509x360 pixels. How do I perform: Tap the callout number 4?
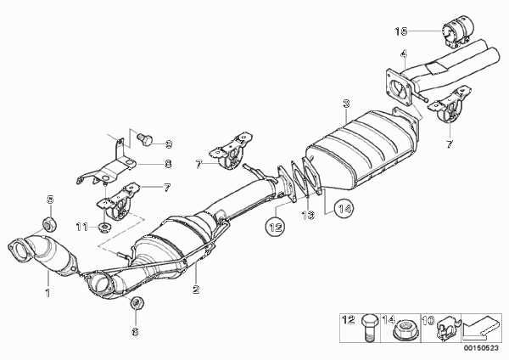405,55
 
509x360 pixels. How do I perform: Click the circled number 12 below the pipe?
275,226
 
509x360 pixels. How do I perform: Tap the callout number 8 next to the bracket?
168,166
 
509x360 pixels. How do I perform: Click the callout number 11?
82,227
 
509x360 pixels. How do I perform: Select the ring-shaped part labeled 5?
49,224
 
